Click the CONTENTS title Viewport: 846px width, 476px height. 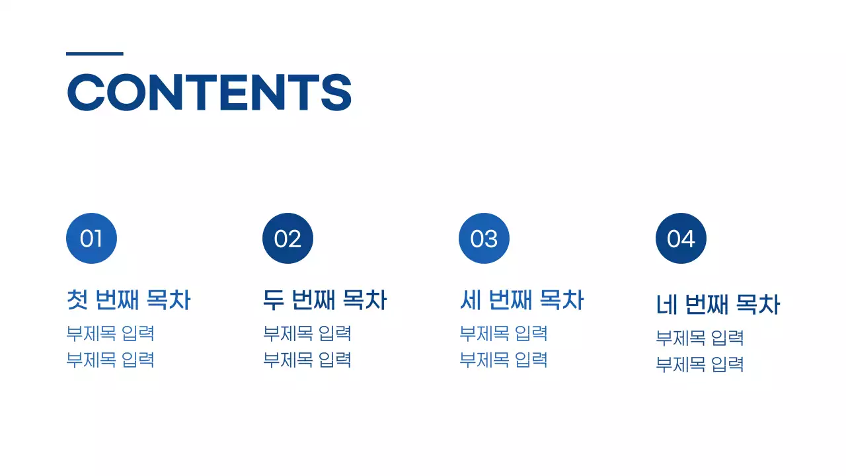tap(209, 92)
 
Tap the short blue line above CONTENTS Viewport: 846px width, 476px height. tap(95, 54)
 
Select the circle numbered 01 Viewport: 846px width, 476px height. tap(91, 239)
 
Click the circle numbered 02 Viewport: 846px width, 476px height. tap(288, 239)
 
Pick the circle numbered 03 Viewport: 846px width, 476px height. tap(484, 239)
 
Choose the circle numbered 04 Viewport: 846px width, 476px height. tap(681, 239)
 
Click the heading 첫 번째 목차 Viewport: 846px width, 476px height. tap(128, 300)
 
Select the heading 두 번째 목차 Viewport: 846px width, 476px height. tap(325, 300)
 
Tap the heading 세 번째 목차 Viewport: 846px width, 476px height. tap(521, 300)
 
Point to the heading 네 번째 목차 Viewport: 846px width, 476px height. tap(718, 305)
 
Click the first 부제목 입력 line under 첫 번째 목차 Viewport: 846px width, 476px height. tap(110, 333)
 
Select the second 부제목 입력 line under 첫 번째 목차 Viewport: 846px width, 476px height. tap(110, 360)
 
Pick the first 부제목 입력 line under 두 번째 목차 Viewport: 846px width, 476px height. tap(307, 333)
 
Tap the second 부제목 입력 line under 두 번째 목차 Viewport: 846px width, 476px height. tap(307, 360)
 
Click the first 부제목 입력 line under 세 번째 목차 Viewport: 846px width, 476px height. tap(504, 333)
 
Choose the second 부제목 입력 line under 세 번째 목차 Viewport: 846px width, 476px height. tap(504, 360)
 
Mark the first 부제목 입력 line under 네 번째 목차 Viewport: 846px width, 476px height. tap(700, 338)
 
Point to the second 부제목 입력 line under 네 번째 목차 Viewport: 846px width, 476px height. tap(700, 364)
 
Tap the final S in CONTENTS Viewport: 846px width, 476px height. tap(336, 92)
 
